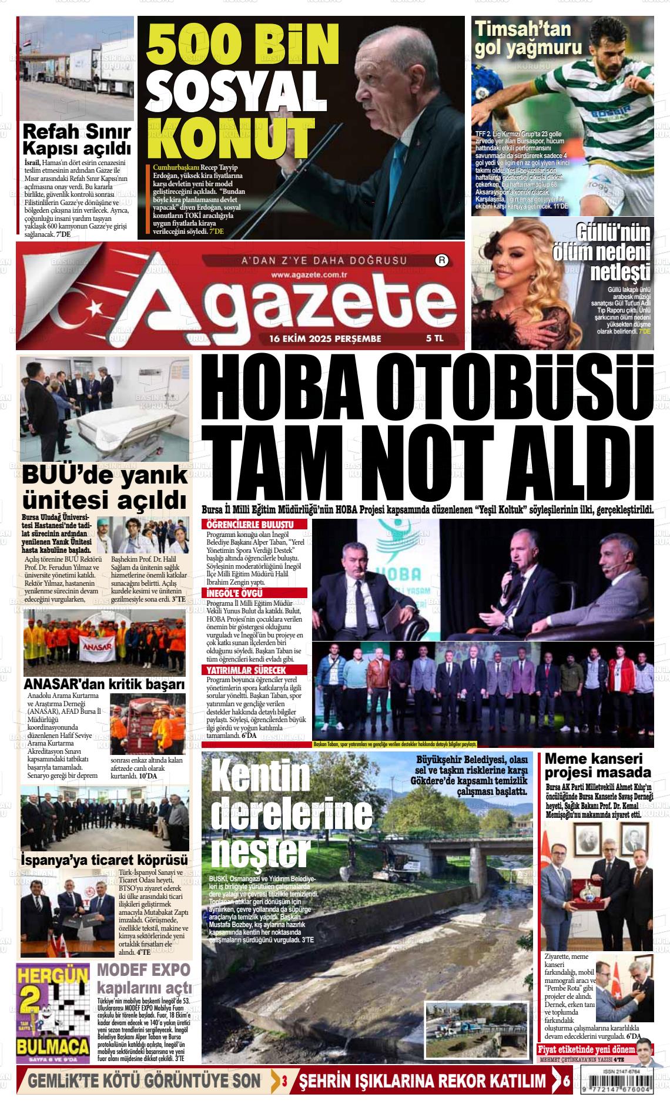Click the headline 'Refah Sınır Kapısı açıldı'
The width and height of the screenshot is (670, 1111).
[x=76, y=139]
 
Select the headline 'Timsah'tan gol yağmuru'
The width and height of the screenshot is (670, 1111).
[x=528, y=38]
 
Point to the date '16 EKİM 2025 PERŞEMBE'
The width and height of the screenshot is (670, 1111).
[x=325, y=338]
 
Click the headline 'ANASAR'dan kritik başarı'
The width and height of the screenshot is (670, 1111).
[x=104, y=684]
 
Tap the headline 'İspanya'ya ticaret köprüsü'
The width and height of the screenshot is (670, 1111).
[x=104, y=858]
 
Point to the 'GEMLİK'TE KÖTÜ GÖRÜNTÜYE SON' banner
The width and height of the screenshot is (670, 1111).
[x=144, y=1080]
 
